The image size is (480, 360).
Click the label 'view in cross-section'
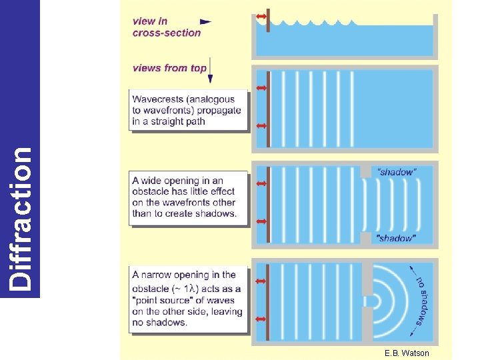pos(167,27)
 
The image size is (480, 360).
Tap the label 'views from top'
pos(169,67)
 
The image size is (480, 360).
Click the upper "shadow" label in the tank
pos(396,172)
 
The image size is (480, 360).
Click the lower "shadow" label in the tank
pos(396,238)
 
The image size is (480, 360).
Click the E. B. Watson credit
pos(407,353)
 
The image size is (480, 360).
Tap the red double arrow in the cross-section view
pos(261,16)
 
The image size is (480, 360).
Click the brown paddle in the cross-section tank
pos(267,23)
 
